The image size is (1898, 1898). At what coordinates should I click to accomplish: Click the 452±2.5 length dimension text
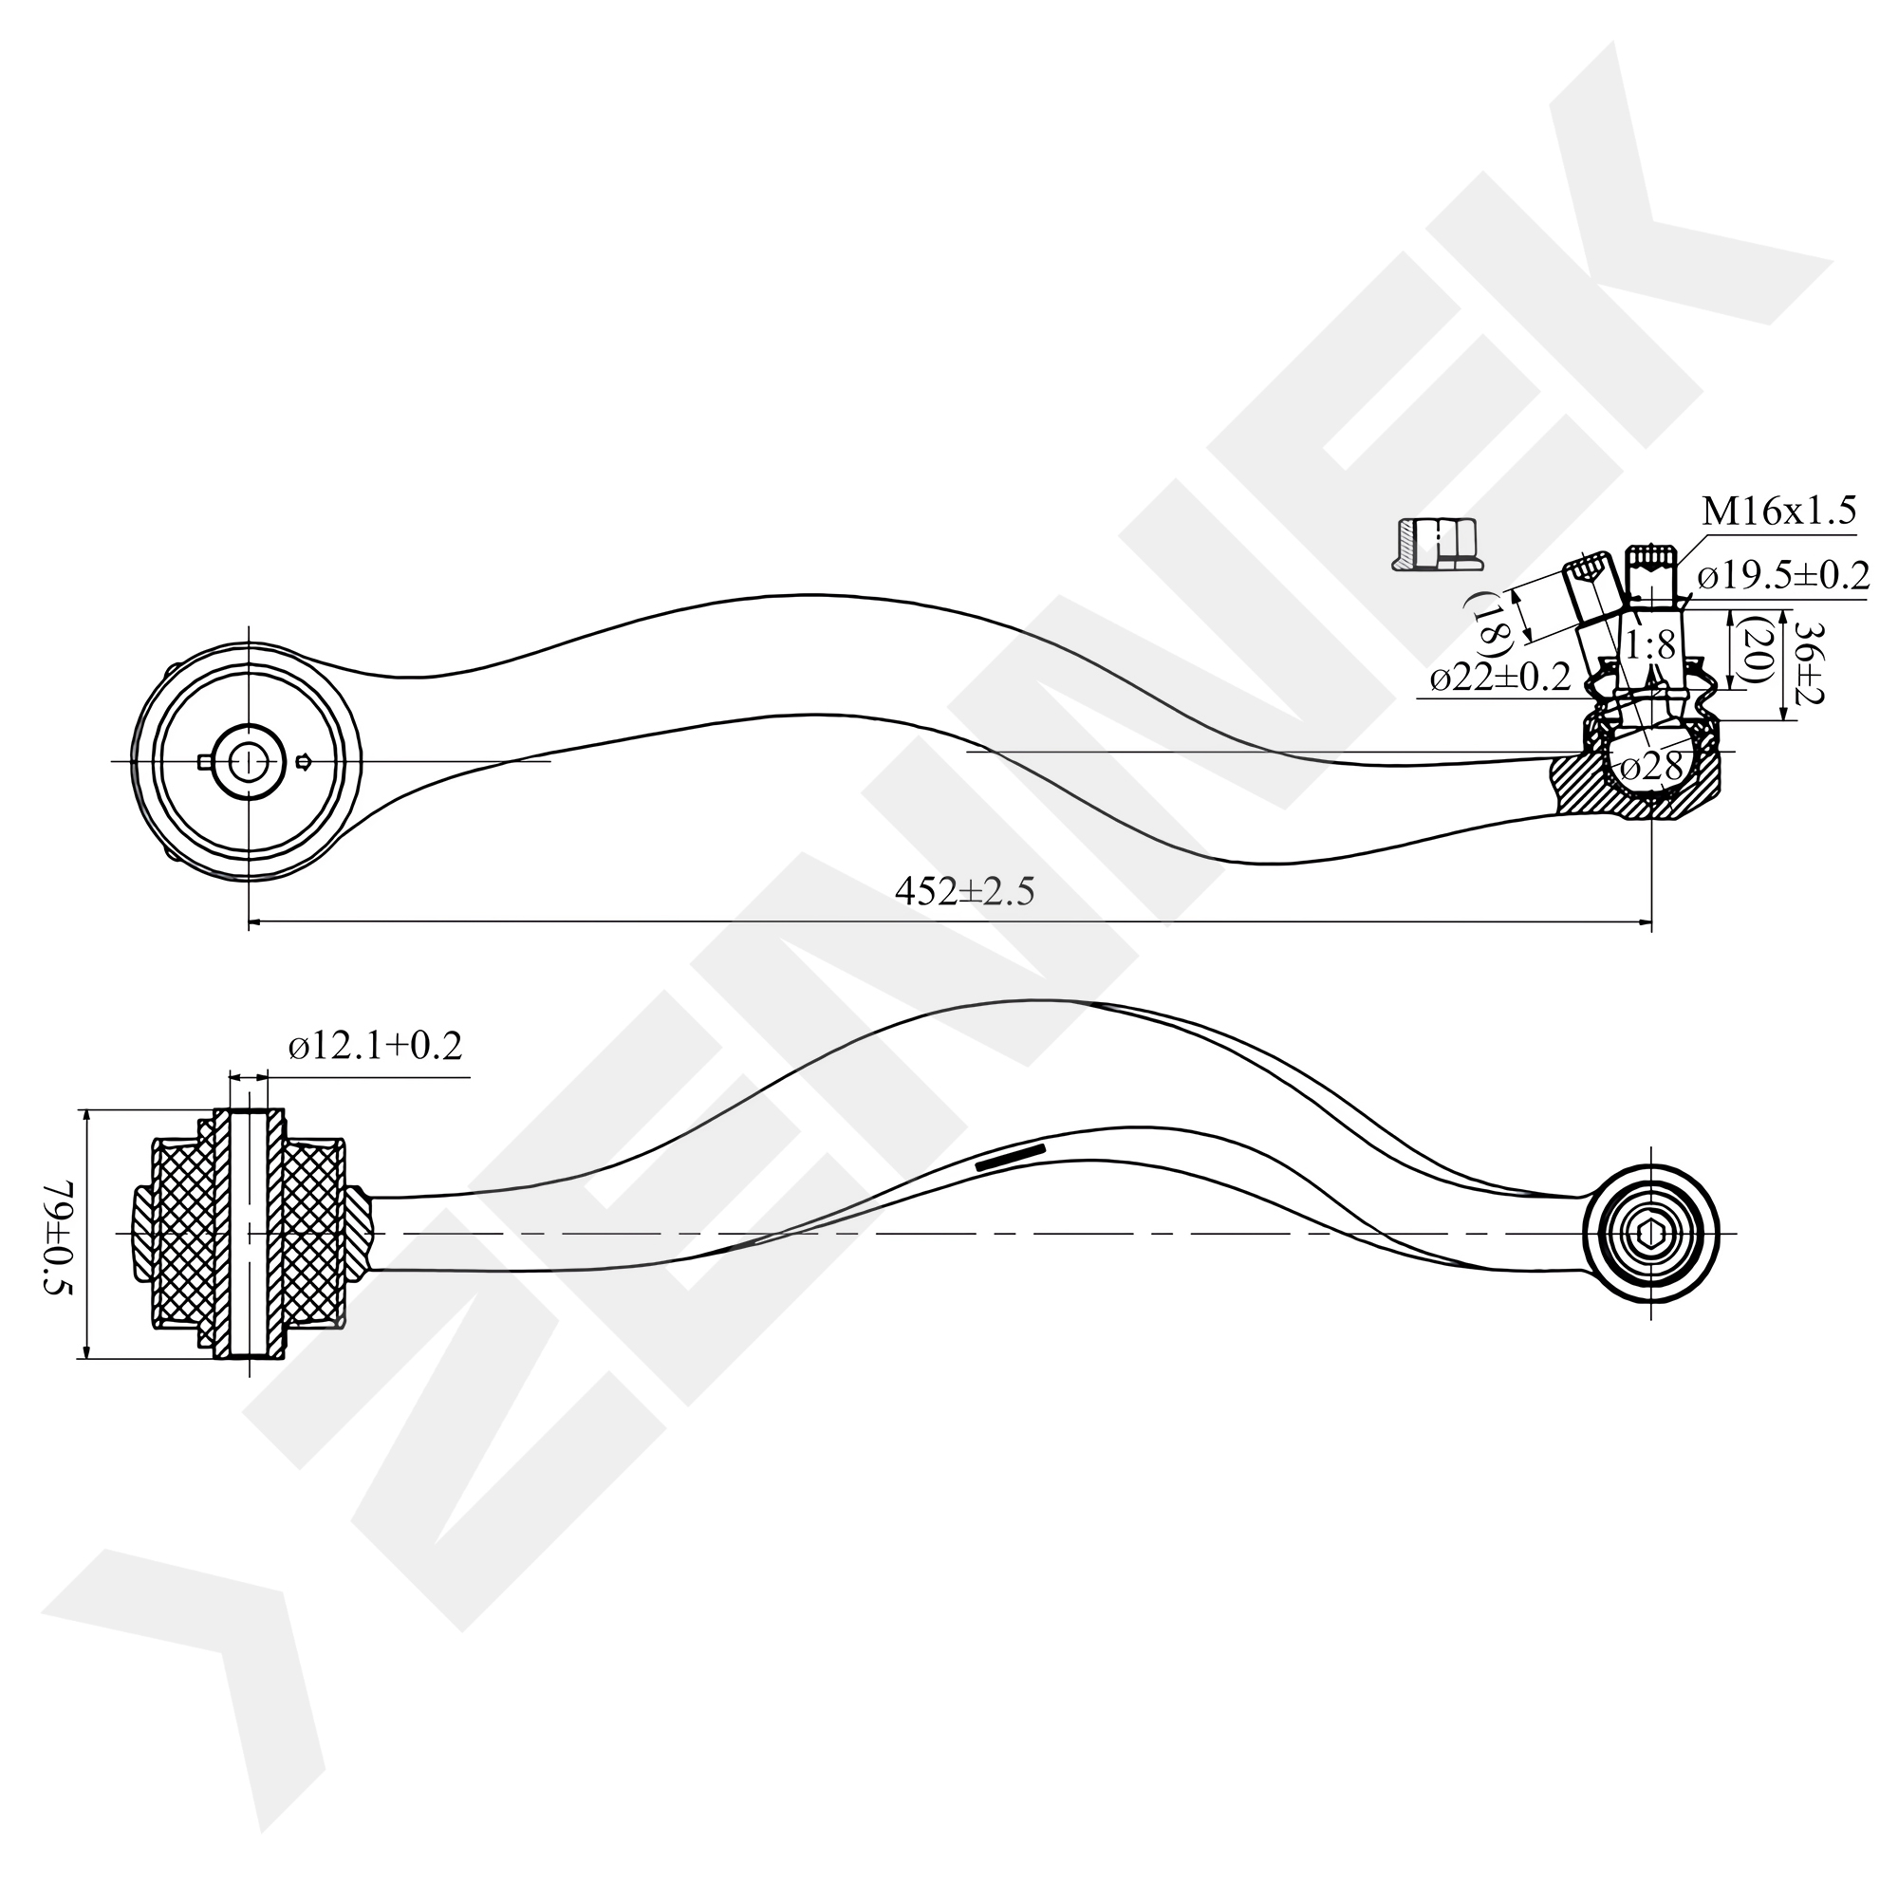point(964,892)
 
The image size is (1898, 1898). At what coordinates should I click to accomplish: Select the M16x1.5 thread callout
point(1778,511)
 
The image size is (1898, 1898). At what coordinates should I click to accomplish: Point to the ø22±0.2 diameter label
point(1500,678)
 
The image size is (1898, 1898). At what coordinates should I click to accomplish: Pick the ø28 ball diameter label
point(1654,766)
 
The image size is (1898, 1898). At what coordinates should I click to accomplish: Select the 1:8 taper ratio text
point(1649,645)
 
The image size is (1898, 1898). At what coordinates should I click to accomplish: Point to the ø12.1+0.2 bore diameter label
point(375,1046)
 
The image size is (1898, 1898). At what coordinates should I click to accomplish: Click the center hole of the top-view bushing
point(250,760)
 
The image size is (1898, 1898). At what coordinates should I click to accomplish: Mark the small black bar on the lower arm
point(1011,1156)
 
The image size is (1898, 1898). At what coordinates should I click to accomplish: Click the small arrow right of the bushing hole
point(304,760)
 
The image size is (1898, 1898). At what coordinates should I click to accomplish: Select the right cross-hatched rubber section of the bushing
point(313,1234)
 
